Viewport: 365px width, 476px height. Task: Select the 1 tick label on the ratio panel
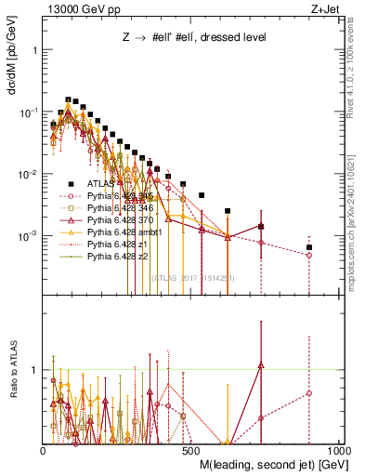tap(34, 370)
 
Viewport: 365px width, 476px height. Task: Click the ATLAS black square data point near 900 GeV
tap(309, 247)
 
